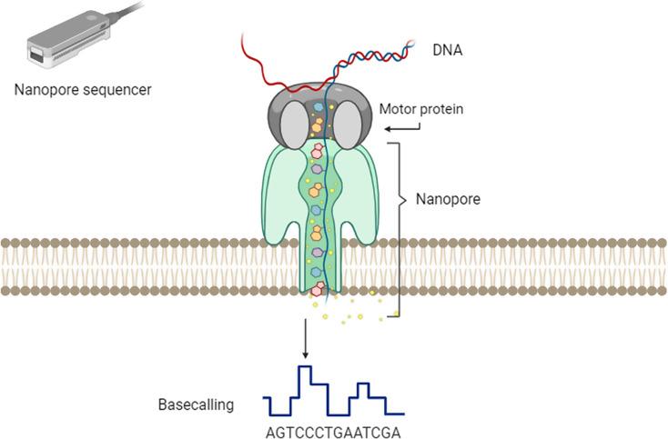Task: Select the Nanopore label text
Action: (x=447, y=197)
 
